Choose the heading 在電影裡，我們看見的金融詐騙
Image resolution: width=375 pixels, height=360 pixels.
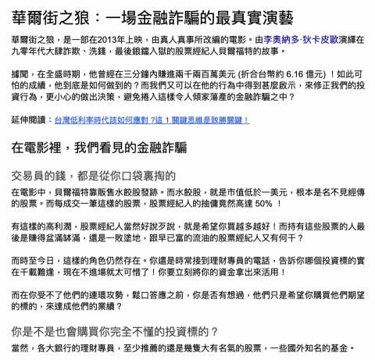109,146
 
